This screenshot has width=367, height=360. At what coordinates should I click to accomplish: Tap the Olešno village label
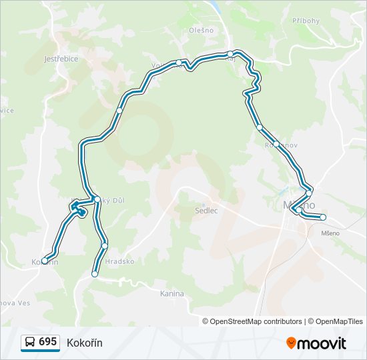(200, 30)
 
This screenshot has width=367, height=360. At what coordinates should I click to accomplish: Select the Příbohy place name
(306, 21)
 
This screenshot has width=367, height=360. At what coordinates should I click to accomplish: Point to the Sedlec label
(207, 211)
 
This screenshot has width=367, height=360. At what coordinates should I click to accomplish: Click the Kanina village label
(172, 293)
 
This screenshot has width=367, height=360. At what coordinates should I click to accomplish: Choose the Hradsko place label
(119, 262)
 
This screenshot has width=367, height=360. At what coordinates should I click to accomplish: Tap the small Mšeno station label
(330, 233)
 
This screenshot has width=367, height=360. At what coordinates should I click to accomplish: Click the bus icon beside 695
(30, 342)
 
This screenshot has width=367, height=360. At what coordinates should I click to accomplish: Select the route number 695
(47, 342)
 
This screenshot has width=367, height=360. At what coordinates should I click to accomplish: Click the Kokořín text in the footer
(84, 342)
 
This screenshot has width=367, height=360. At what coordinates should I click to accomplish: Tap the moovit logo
(316, 343)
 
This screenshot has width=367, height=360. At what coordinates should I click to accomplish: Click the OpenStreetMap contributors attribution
(256, 321)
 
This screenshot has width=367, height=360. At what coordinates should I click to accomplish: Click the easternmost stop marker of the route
(323, 217)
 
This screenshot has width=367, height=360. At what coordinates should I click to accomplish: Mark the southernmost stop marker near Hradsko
(95, 274)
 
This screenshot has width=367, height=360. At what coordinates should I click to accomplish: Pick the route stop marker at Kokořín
(45, 261)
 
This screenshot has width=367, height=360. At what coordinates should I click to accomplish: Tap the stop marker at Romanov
(276, 143)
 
